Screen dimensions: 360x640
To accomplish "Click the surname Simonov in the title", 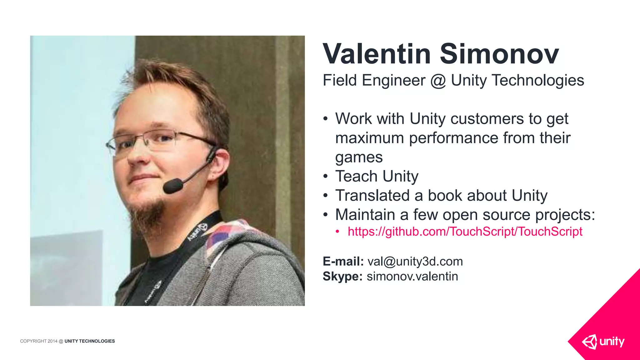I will [499, 54].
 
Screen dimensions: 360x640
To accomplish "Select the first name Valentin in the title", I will [377, 54].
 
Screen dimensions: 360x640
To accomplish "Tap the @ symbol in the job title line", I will [438, 81].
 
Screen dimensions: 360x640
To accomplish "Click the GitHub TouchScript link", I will [465, 232].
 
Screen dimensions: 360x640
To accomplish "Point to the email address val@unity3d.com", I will [415, 261].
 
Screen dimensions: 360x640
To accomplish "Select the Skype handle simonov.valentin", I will [412, 276].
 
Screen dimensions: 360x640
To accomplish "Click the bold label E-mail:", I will [343, 261].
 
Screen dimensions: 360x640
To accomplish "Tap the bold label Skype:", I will [342, 276].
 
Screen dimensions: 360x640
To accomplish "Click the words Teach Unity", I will [377, 176].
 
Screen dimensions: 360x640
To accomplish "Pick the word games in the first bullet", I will [359, 157].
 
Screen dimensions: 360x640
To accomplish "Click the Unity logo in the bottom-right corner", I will [603, 342].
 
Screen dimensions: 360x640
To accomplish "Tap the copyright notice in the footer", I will [67, 341].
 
